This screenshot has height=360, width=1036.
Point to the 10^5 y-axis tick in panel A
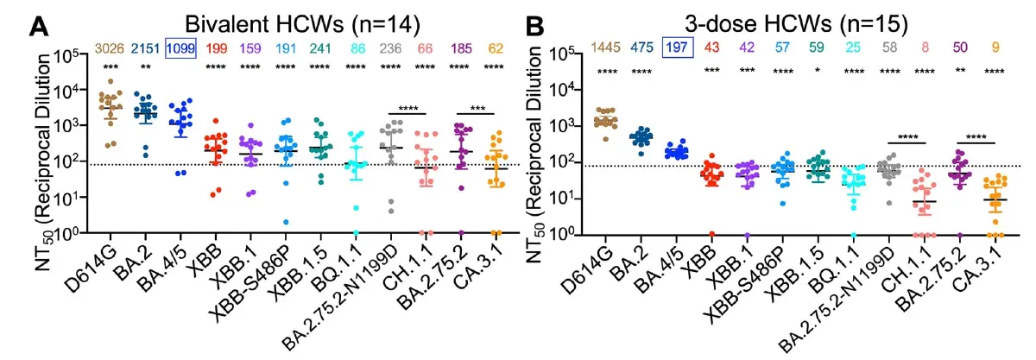(77, 54)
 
